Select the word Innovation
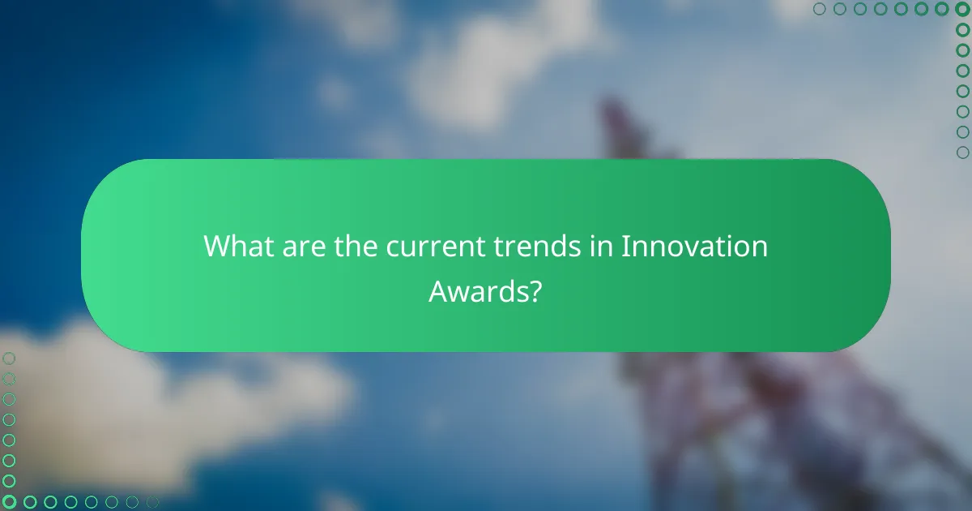(x=694, y=246)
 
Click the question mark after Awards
(x=535, y=290)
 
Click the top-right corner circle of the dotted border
(x=962, y=10)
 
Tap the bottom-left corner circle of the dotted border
(x=10, y=502)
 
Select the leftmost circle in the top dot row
(x=820, y=10)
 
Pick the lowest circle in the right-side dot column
(x=962, y=152)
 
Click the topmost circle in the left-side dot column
(x=10, y=358)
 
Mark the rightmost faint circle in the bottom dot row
(x=152, y=502)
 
